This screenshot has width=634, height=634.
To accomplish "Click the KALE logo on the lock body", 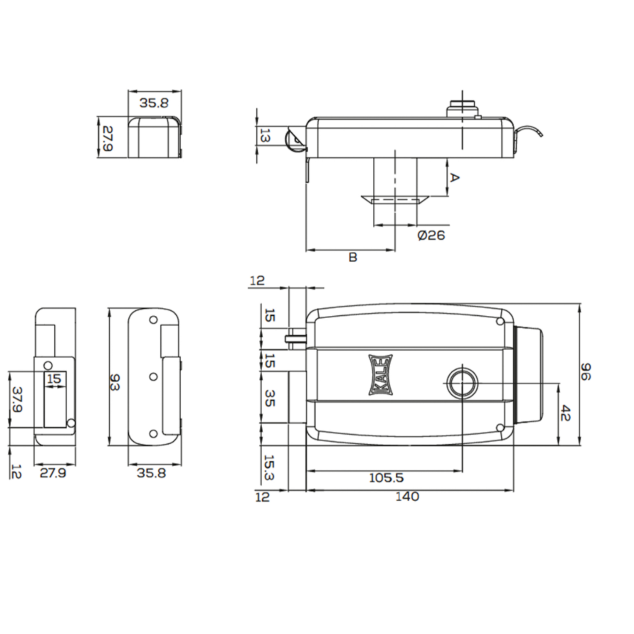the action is (x=381, y=375).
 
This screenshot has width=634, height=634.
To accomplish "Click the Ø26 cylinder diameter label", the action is (x=431, y=235).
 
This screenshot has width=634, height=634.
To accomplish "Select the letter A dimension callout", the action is (x=455, y=178).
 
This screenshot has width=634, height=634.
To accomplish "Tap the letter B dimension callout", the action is (x=353, y=257).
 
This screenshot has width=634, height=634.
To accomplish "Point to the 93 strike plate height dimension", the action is (x=114, y=382).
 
